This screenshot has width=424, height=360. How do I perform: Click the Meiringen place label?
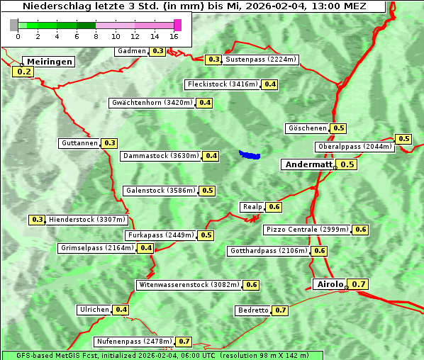(49, 62)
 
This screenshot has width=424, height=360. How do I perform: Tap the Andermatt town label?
(308, 164)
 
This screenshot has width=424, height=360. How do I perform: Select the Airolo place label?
(330, 284)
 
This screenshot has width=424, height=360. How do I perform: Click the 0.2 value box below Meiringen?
(23, 72)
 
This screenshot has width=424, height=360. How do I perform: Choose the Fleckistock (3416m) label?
(222, 84)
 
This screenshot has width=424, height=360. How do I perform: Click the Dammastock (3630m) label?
(161, 156)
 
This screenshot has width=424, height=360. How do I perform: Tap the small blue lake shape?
(250, 154)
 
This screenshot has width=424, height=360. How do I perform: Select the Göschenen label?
(307, 128)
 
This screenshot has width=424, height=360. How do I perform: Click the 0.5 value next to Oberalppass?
(403, 139)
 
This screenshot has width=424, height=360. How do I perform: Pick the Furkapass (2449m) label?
(160, 235)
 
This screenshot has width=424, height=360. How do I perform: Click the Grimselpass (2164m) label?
(97, 248)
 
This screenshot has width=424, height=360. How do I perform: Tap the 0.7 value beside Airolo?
(359, 284)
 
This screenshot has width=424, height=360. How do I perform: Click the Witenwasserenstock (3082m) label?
(188, 285)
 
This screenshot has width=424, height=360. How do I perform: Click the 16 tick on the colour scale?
(174, 36)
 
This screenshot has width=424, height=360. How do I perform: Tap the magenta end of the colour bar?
(178, 25)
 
